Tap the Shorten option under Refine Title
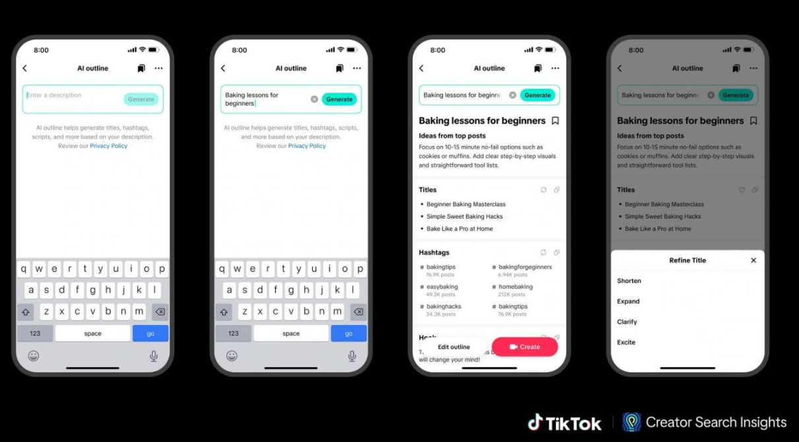tap(629, 281)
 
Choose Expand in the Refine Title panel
tap(629, 301)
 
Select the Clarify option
tap(627, 322)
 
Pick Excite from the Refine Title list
tap(627, 342)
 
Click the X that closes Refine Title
tap(753, 260)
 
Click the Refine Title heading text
tap(687, 260)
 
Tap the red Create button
tap(525, 347)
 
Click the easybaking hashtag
tap(442, 287)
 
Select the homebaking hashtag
tap(515, 287)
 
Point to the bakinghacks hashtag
tap(444, 307)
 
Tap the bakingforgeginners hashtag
tap(525, 267)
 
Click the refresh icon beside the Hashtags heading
tap(543, 252)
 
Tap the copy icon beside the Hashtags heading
tap(557, 252)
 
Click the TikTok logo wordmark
tap(565, 423)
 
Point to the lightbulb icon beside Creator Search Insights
tap(632, 422)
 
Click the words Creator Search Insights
tap(716, 423)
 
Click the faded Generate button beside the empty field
tap(141, 99)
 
